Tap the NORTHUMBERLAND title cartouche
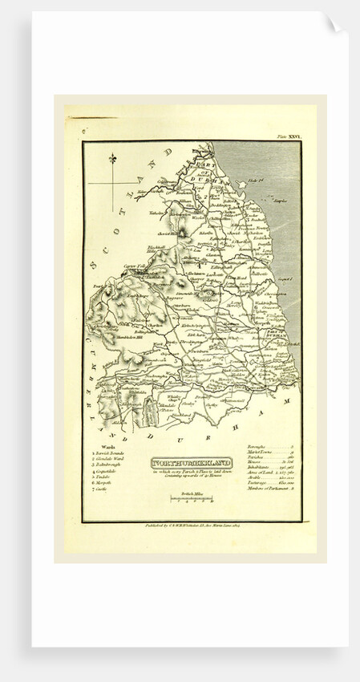tap(190, 463)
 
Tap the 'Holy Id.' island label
tap(279, 185)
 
